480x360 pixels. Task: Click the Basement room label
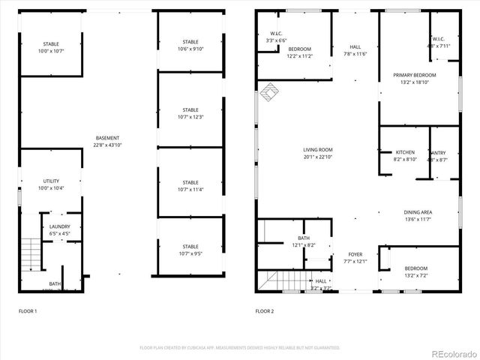(107, 141)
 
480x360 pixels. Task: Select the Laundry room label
(60, 229)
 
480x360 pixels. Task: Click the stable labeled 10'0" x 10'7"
(51, 47)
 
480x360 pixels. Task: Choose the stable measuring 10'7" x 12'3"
(190, 113)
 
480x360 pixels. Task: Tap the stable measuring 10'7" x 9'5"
(190, 250)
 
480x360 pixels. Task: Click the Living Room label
(318, 153)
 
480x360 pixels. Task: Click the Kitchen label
(405, 155)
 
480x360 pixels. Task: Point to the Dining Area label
(418, 216)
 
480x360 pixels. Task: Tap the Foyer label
(355, 258)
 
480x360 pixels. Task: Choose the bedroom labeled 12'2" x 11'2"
(300, 52)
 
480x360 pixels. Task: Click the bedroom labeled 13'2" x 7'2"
(415, 271)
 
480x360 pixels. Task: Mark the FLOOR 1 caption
(28, 310)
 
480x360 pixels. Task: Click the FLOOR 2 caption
(265, 310)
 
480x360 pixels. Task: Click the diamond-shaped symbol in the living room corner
(268, 92)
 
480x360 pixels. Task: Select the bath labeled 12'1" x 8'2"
(303, 241)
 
